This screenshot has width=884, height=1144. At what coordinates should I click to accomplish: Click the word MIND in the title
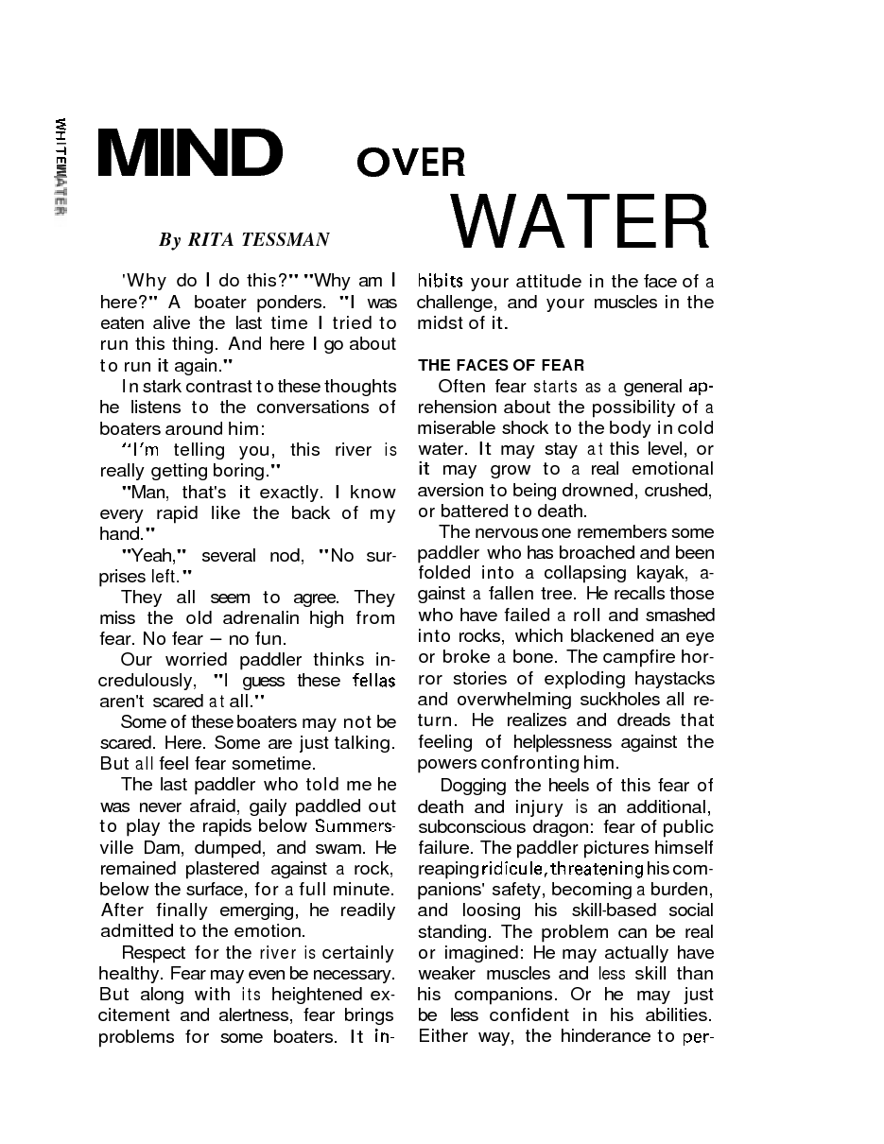[x=190, y=153]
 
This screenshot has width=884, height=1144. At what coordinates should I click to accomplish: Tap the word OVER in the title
[x=411, y=164]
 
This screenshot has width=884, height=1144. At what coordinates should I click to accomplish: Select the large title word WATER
[x=580, y=221]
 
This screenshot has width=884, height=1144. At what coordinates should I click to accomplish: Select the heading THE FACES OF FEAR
[x=501, y=365]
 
